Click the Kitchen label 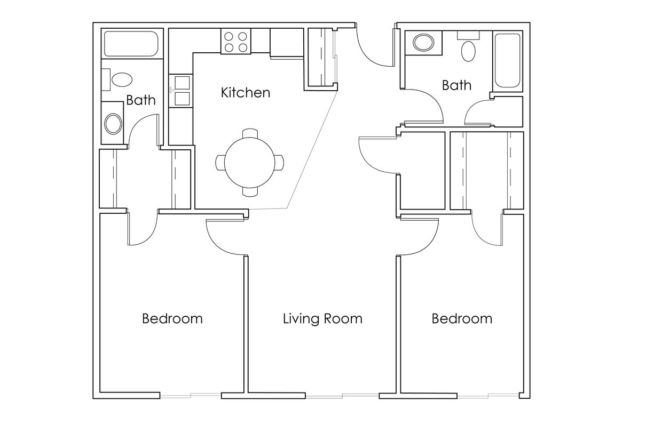tap(246, 93)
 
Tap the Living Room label tap(322, 319)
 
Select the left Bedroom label tap(172, 319)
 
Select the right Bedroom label tap(462, 319)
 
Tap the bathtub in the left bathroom tap(131, 44)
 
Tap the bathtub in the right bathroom tap(507, 60)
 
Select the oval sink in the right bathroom tap(424, 43)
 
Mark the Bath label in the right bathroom tap(456, 85)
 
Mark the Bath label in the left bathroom tap(141, 100)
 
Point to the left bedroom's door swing tap(140, 229)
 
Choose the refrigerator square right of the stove tap(287, 42)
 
